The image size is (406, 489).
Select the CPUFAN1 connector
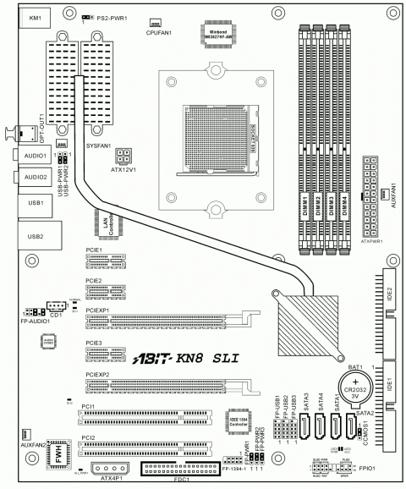(x=155, y=23)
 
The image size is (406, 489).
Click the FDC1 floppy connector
(x=180, y=470)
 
